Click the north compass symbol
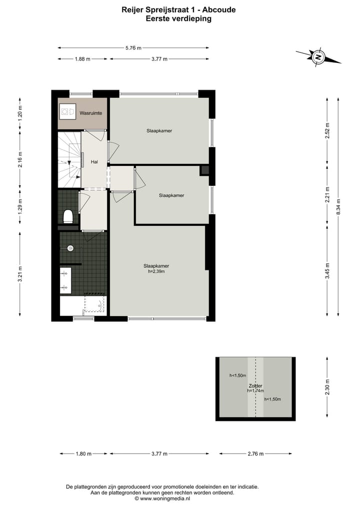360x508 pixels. pos(317,57)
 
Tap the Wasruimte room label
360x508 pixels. pos(91,113)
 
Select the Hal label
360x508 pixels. pos(94,162)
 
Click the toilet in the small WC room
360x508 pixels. pos(68,216)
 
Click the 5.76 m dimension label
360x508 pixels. pos(133,48)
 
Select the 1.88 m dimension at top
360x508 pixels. pos(82,59)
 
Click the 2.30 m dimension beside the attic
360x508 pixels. pos(327,388)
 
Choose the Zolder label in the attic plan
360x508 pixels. pos(255,386)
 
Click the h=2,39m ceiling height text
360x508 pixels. pos(156,272)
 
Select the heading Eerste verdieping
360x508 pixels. pos(178,18)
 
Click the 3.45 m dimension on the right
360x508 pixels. pos(327,270)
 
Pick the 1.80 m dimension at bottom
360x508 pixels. pos(83,454)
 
